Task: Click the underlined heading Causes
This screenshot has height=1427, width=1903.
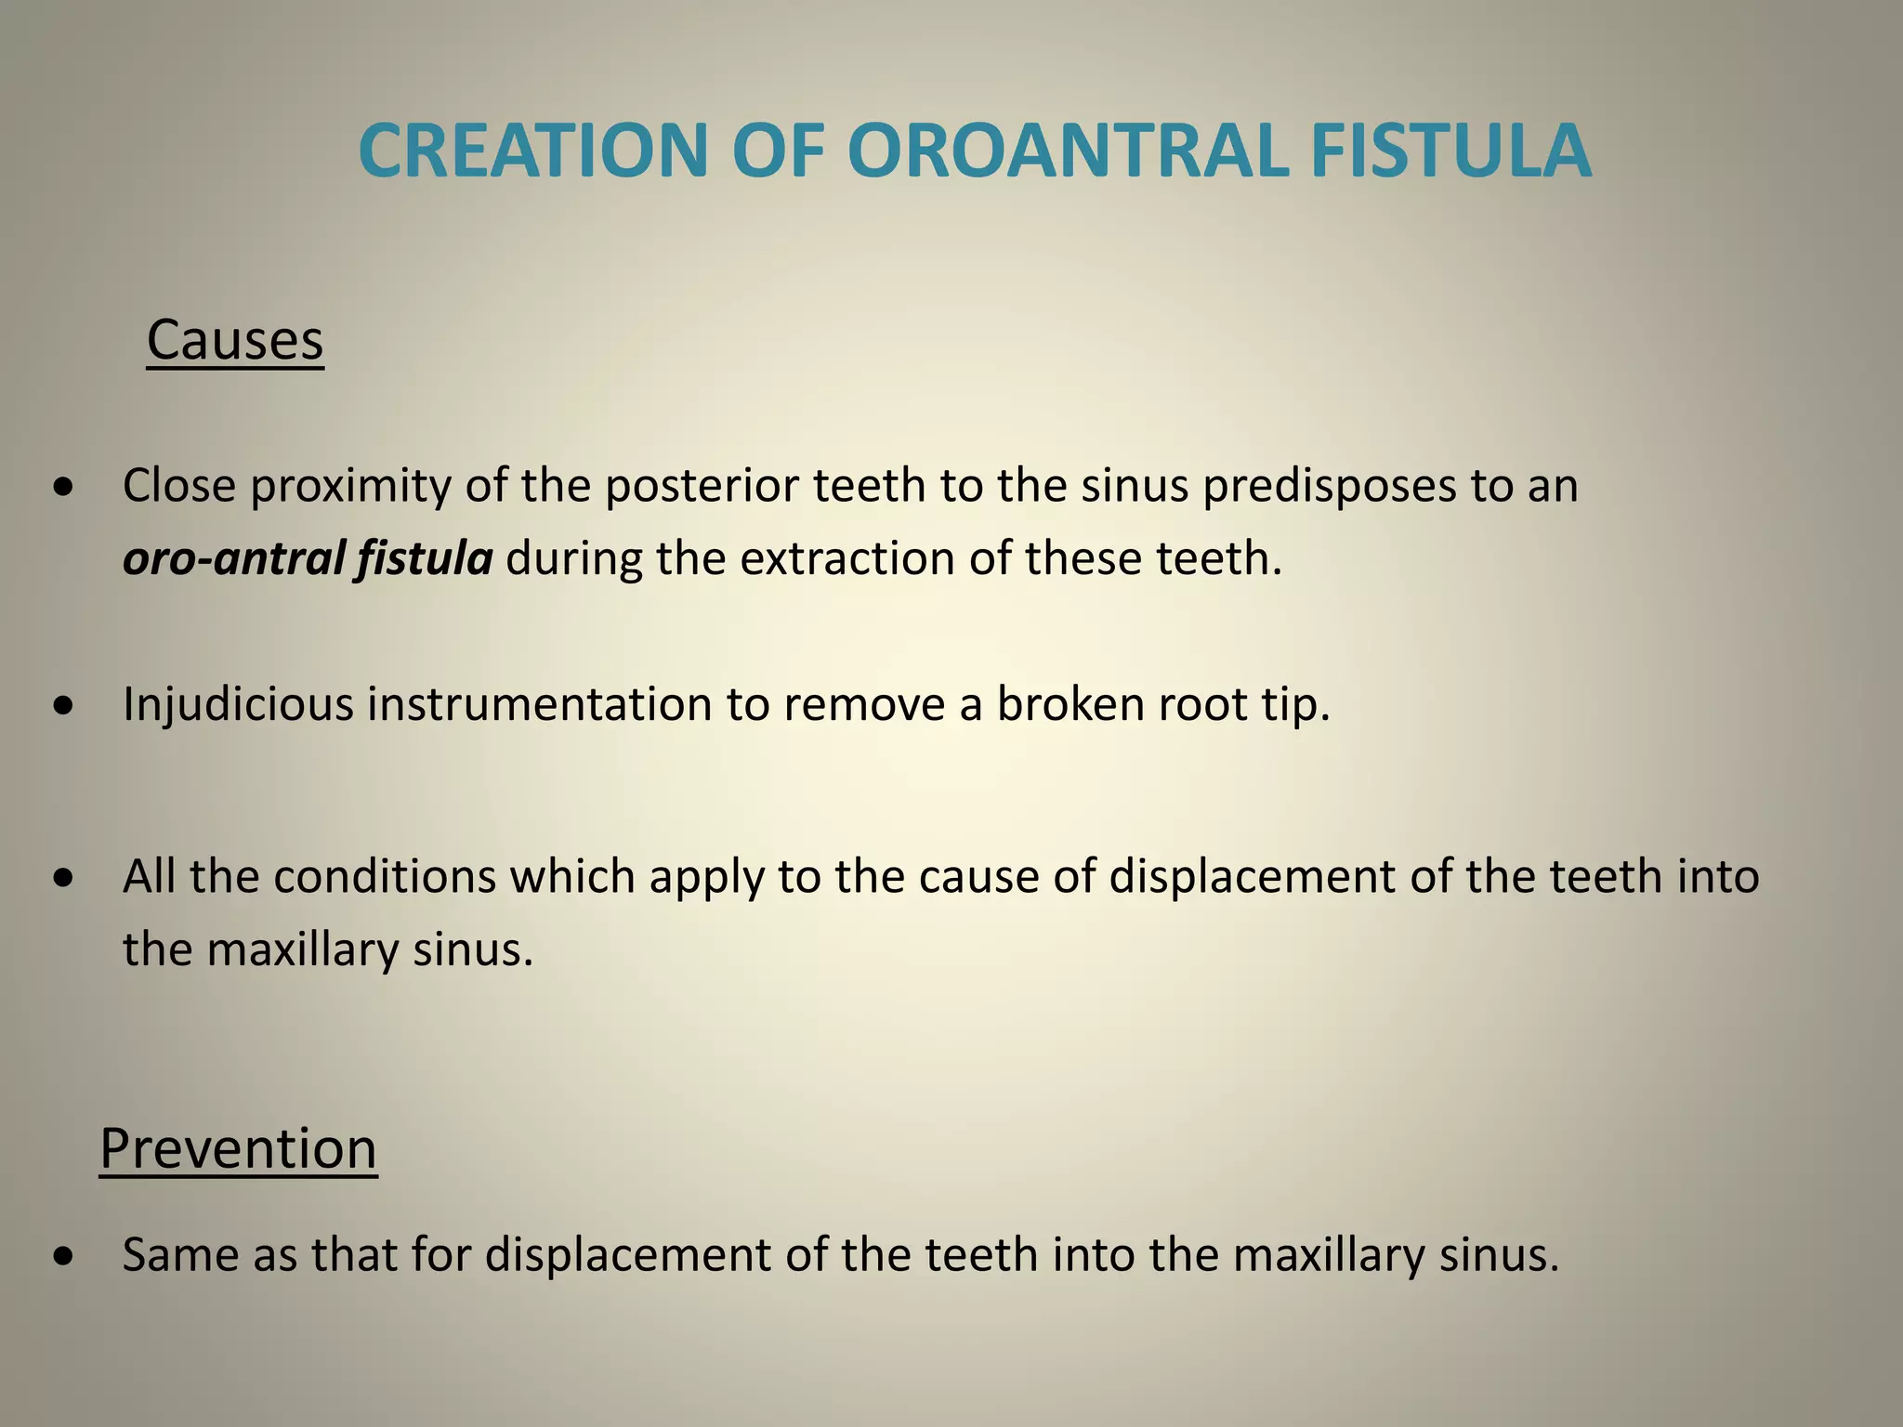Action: tap(235, 340)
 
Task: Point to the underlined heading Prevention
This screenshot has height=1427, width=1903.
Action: tap(238, 1148)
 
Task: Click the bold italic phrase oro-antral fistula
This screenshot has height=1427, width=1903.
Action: tap(308, 558)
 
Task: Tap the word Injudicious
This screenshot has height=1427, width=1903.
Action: tap(238, 703)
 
